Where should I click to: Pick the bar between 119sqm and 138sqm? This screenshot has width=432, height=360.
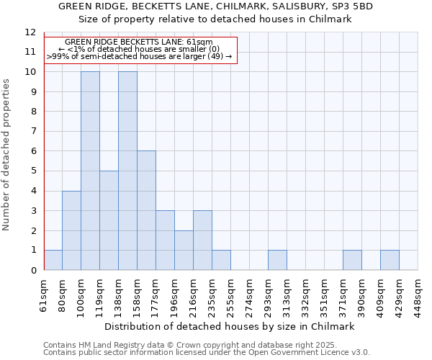(109, 220)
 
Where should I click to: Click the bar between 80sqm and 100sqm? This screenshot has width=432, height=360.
(71, 230)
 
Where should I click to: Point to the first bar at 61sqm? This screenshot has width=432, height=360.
(53, 260)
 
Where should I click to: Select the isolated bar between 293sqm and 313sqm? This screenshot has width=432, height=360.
(277, 260)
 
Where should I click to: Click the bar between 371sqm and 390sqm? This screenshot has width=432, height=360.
(352, 260)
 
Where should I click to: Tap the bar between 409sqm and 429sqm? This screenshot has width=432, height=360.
(390, 260)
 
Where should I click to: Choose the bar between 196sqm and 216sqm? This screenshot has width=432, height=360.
(184, 250)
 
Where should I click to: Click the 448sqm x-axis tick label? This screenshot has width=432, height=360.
(418, 294)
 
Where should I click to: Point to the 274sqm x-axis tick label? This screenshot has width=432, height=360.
(249, 294)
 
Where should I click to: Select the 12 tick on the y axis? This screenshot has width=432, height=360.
(30, 32)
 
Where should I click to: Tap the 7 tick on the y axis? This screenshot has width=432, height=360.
(32, 131)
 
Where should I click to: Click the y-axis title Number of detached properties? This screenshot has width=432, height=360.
(6, 155)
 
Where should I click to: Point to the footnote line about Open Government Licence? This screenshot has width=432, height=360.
(207, 352)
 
